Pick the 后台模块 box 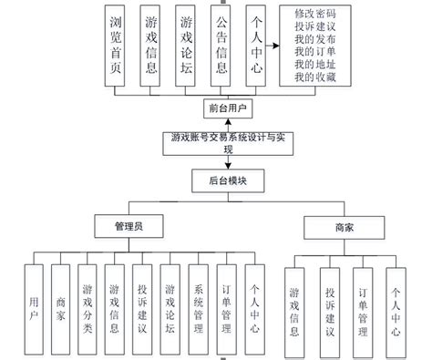[x=226, y=180]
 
